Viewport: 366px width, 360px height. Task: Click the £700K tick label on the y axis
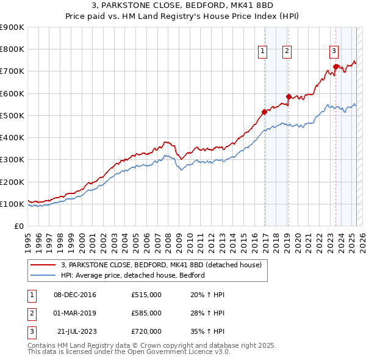tap(12, 71)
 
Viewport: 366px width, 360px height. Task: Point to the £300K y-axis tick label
tap(12, 160)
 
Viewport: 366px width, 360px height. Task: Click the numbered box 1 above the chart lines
tap(263, 52)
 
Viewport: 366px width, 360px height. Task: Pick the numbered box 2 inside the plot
tap(287, 52)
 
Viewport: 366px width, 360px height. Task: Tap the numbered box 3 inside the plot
tap(334, 51)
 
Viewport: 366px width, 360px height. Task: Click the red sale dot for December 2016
tap(264, 112)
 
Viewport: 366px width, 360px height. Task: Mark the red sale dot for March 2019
tap(289, 96)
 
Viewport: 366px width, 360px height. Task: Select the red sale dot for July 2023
tap(335, 67)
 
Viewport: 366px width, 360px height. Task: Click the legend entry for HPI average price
tap(132, 275)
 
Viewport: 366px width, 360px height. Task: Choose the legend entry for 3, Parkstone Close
tap(161, 265)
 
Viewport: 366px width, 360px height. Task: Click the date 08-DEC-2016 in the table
tap(75, 295)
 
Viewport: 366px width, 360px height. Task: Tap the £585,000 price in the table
tap(146, 313)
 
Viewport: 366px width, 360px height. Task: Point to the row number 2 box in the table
tap(31, 313)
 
